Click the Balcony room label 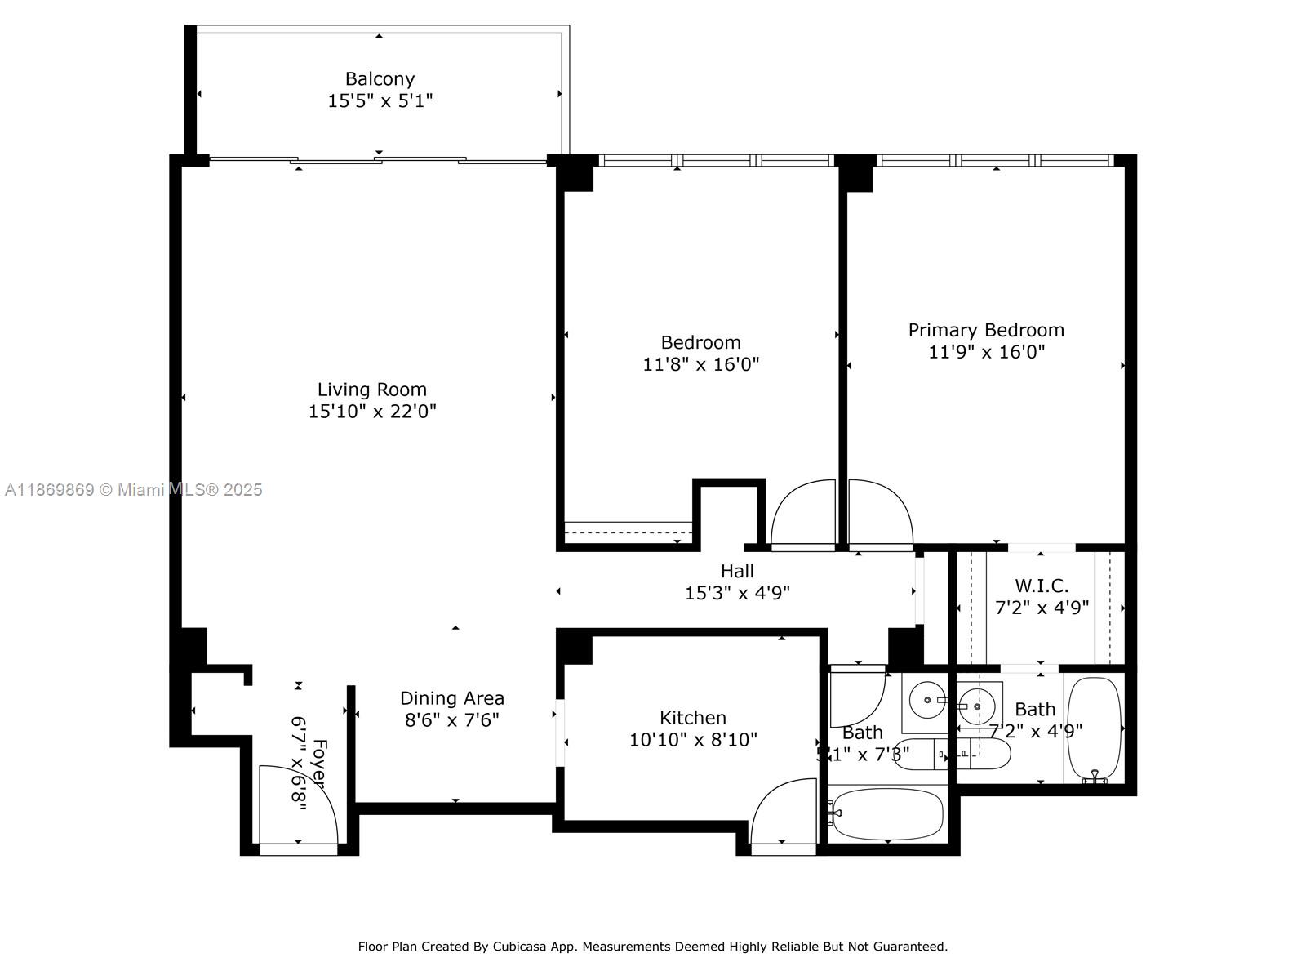[x=380, y=79]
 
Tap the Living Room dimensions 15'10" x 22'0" [x=372, y=411]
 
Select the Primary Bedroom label [x=986, y=330]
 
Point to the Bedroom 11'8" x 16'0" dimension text [x=701, y=364]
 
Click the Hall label [x=737, y=571]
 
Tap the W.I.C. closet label [x=1042, y=586]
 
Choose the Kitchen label [x=693, y=718]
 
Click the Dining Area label [x=452, y=698]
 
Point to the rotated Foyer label [x=319, y=764]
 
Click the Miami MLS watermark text [x=133, y=490]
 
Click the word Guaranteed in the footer [x=911, y=947]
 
